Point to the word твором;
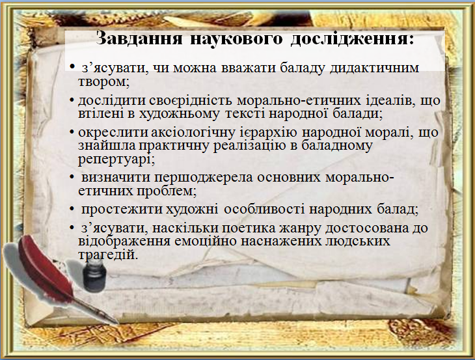coord(104,83)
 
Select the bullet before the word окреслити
coord(72,133)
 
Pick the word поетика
coord(236,228)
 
